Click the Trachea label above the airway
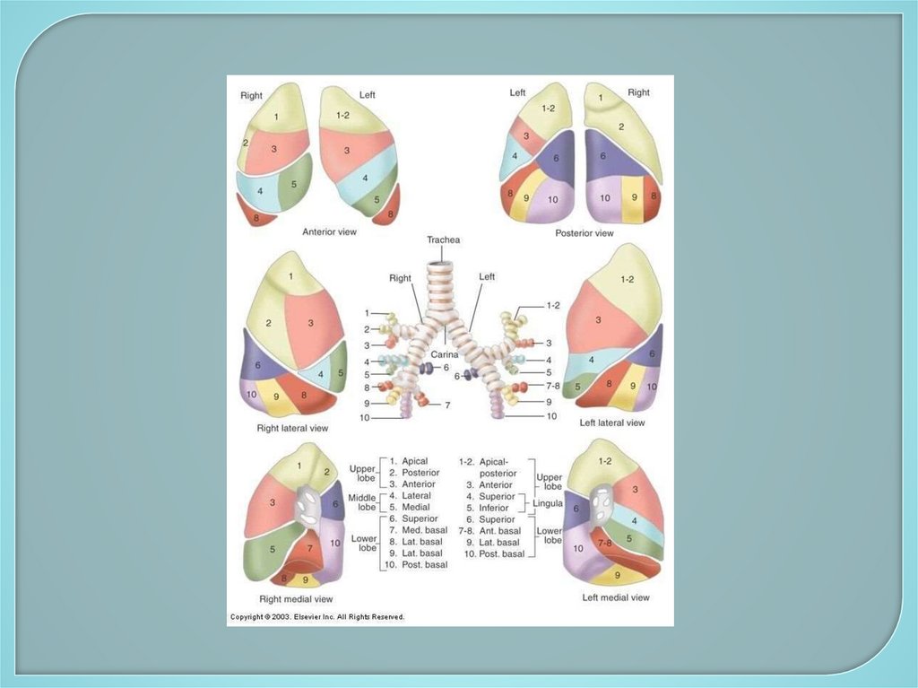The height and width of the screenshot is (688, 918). [x=444, y=239]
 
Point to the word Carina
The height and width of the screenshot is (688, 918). [x=445, y=355]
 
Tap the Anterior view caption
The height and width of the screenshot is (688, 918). [x=329, y=232]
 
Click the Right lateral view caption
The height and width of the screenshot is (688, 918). [x=292, y=429]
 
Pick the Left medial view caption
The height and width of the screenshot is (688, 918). [x=615, y=597]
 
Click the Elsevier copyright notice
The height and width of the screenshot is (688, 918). [x=317, y=617]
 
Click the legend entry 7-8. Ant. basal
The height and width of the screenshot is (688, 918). [x=491, y=531]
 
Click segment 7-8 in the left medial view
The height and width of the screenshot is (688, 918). [x=606, y=544]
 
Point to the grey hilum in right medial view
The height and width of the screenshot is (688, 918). [x=307, y=508]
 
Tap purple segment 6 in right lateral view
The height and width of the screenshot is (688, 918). [x=257, y=366]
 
